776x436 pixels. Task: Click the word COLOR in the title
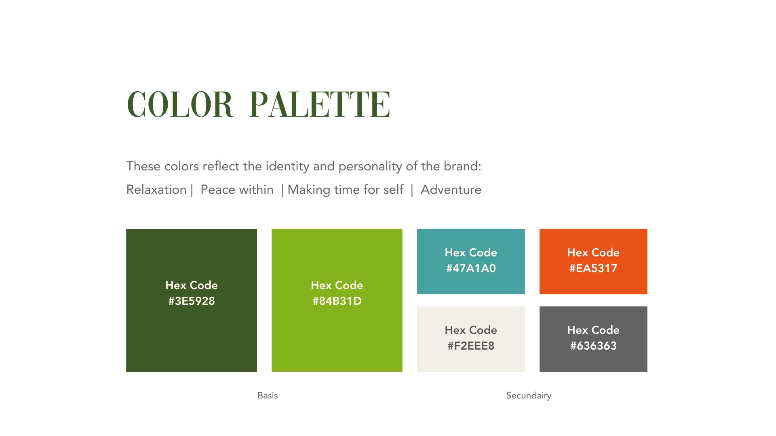180,105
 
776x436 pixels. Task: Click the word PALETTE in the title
320,105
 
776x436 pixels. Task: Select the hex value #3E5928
192,301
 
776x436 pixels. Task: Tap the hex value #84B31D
337,301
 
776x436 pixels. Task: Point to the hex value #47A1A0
471,268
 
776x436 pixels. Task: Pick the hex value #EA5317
593,268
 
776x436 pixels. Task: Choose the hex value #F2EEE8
471,346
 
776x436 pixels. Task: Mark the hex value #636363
593,346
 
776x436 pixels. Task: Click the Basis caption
268,396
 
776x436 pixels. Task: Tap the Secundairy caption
529,396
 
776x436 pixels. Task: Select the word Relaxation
156,190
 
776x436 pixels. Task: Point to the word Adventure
451,190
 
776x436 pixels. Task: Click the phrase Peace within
237,190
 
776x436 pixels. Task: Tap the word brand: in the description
462,166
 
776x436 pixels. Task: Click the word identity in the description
287,166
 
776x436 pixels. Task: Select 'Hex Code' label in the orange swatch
593,253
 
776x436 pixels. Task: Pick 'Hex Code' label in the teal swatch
471,253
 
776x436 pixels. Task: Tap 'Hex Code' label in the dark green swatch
192,285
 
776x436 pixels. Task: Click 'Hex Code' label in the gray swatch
593,330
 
